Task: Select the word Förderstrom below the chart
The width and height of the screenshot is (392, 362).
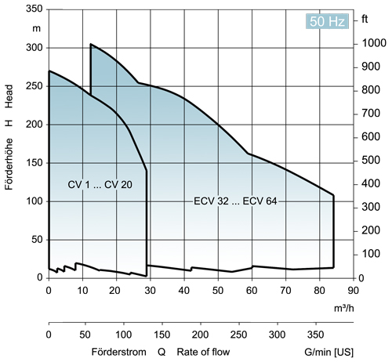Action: (118, 351)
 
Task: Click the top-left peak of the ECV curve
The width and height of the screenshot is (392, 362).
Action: (91, 45)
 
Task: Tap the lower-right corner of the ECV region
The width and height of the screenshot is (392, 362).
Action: (333, 267)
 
